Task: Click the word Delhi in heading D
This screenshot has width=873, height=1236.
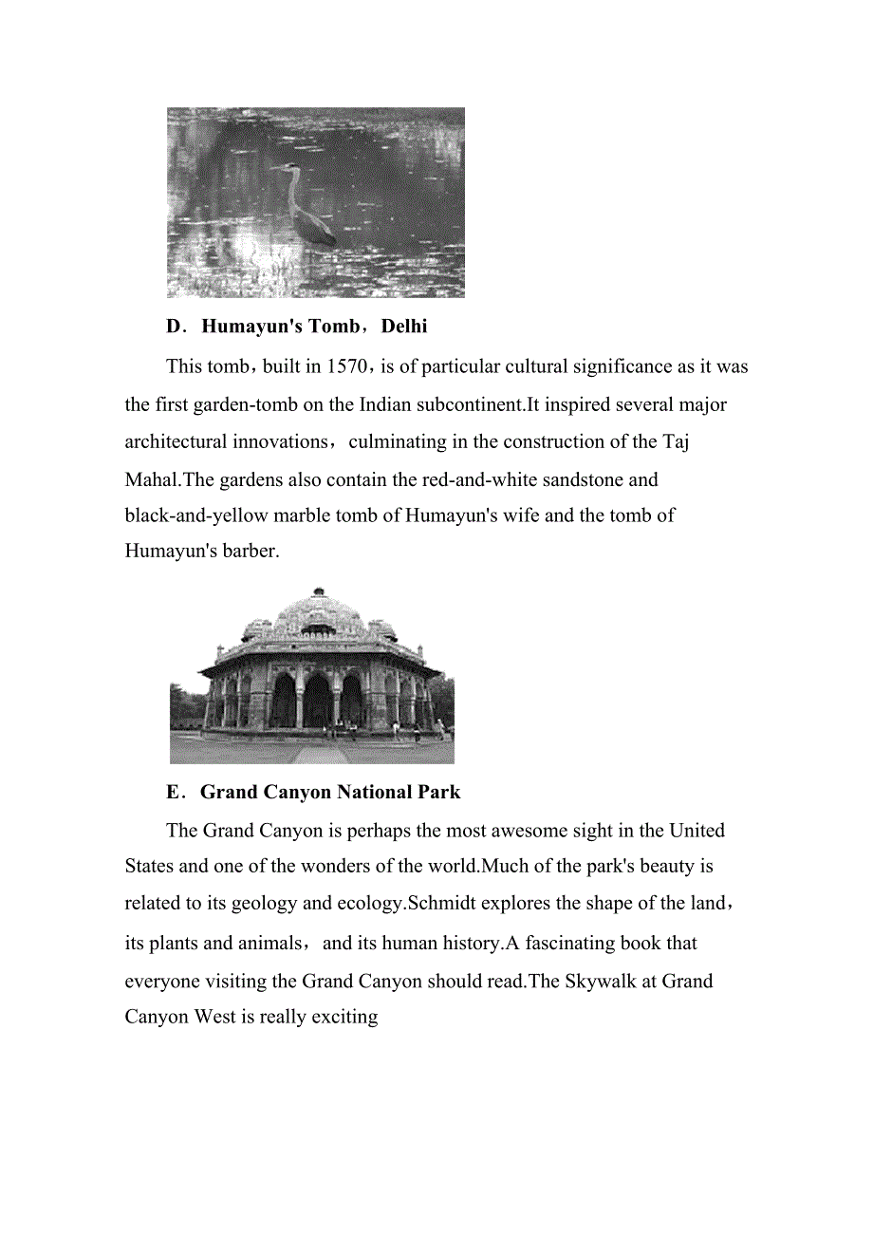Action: (404, 327)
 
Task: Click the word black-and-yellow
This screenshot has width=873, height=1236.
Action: (196, 515)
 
